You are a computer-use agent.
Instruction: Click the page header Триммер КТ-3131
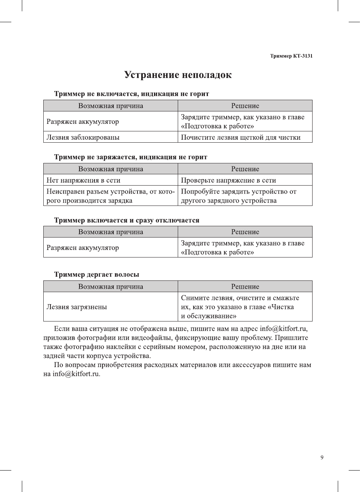(x=291, y=56)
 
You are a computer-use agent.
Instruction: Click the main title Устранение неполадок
(x=178, y=75)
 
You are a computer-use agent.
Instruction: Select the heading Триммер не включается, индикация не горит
(x=131, y=94)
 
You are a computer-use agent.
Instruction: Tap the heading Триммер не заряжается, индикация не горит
(x=131, y=157)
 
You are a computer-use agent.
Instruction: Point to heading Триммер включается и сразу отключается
(x=127, y=220)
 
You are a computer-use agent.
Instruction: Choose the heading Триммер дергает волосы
(x=96, y=274)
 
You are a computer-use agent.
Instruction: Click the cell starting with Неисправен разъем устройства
(x=110, y=196)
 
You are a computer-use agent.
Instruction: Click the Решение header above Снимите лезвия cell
(x=245, y=286)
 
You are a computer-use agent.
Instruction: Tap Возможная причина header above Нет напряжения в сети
(x=111, y=169)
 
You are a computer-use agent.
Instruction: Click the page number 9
(x=322, y=457)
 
